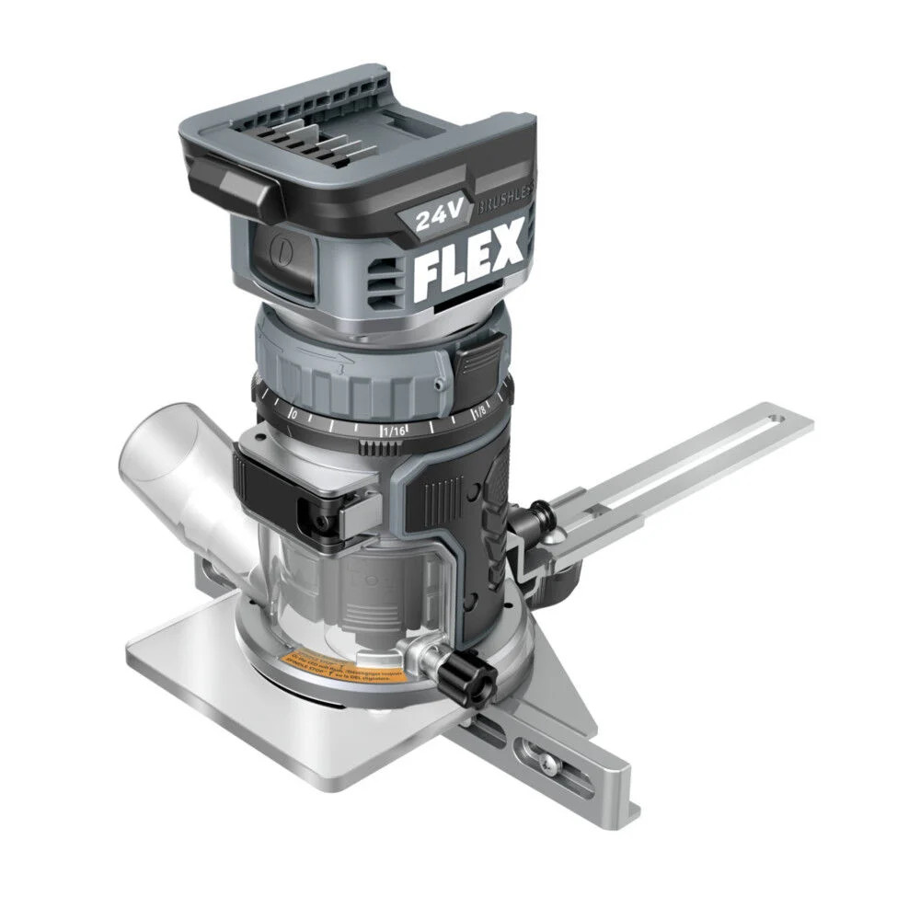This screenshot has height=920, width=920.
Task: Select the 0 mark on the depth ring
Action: click(x=293, y=414)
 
